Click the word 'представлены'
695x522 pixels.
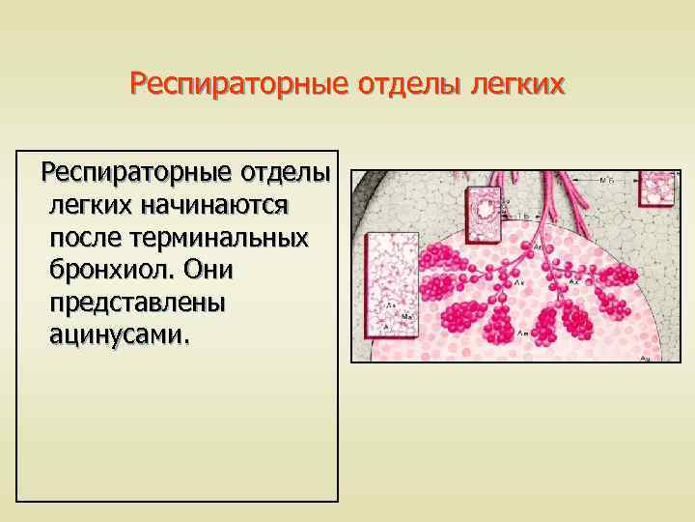(x=135, y=303)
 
